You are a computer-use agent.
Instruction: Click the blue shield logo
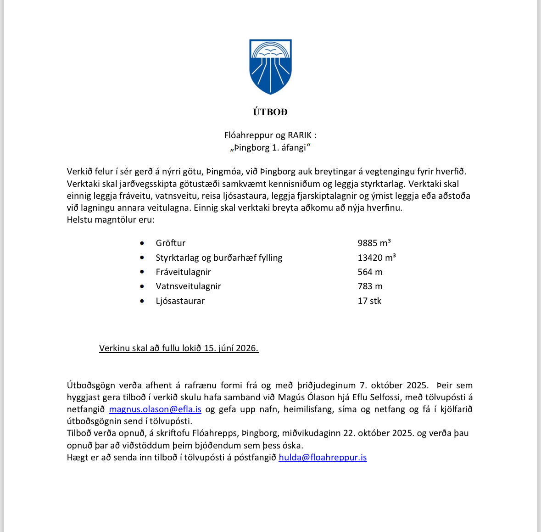[270, 67]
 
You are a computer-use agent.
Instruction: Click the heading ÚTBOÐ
[270, 112]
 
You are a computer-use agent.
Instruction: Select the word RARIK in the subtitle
[300, 135]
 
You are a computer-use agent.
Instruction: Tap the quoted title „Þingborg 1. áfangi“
[270, 148]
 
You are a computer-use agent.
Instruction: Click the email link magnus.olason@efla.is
[155, 409]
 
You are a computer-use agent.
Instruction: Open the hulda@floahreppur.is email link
[323, 458]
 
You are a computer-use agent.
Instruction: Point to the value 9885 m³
[374, 243]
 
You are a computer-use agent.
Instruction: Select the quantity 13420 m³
[376, 258]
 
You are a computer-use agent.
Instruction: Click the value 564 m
[370, 272]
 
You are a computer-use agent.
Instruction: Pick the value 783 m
[370, 286]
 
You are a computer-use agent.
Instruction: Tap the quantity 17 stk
[369, 301]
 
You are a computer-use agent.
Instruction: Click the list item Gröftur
[171, 243]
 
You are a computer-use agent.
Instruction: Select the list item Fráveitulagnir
[183, 272]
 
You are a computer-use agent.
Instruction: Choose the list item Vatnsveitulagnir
[188, 286]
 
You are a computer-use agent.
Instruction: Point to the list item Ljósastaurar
[180, 301]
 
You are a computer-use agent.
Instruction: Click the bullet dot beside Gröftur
[142, 243]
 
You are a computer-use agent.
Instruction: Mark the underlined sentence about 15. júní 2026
[178, 348]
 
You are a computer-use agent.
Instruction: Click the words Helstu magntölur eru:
[111, 220]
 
